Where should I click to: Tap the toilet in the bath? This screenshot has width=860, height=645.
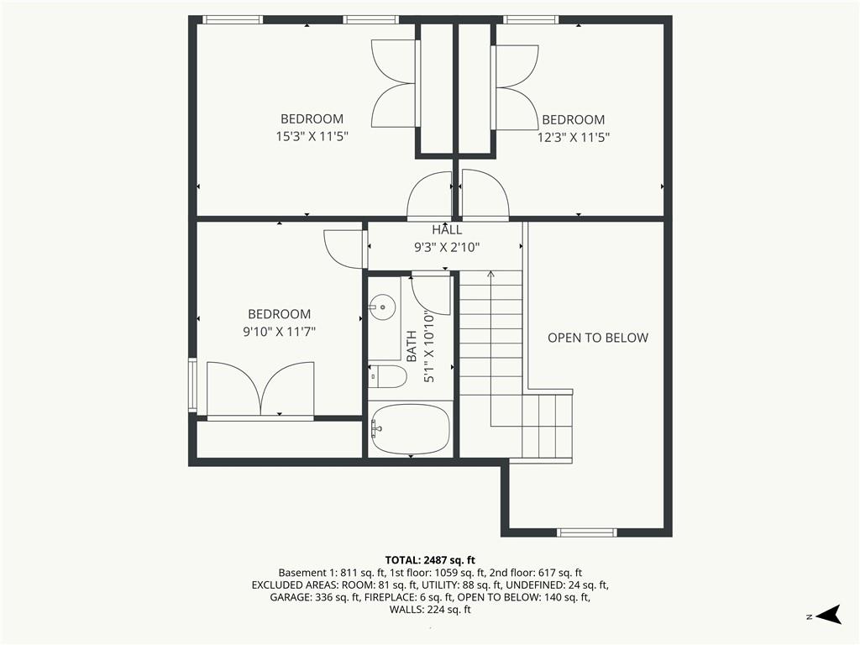tap(388, 377)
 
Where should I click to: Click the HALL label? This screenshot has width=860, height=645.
tap(447, 230)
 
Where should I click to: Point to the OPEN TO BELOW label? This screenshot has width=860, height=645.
tap(598, 338)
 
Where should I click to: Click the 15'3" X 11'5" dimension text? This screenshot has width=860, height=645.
tap(312, 136)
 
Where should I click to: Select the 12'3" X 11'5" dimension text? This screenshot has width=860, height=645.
tap(573, 137)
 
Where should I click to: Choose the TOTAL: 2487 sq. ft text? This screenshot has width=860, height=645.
tap(430, 559)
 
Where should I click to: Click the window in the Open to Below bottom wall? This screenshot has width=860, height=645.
tap(587, 532)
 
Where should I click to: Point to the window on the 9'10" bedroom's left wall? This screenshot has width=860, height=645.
tap(192, 385)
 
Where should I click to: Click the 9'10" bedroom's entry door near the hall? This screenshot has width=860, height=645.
tap(343, 248)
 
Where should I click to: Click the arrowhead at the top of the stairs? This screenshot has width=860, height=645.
tap(490, 274)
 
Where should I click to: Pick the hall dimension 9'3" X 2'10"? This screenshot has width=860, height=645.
tap(447, 247)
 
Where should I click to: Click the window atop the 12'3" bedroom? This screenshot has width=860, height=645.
tap(531, 19)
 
